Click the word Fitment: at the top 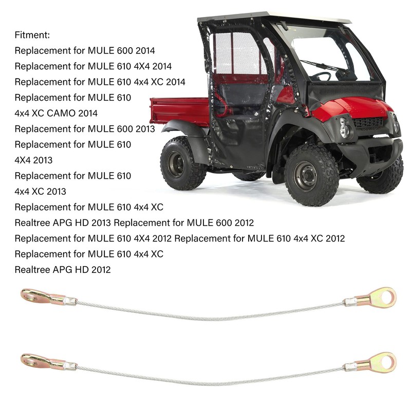point(33,35)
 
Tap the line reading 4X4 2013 point(33,160)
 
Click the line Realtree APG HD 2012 point(63,269)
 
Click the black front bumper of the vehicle point(370,149)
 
